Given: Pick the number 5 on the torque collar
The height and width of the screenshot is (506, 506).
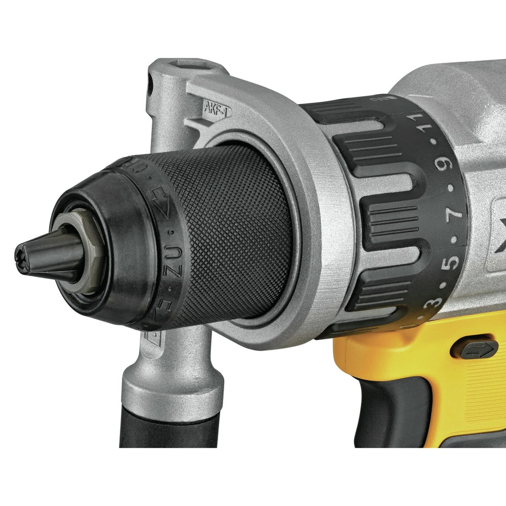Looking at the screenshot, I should click(x=452, y=261).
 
